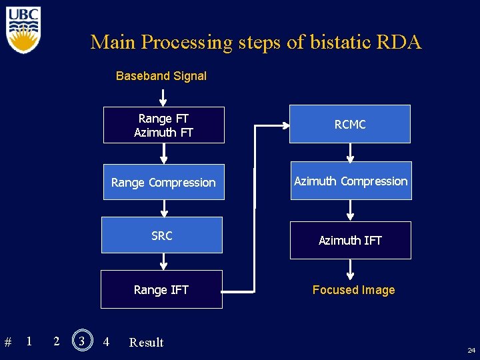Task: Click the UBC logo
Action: coord(23,29)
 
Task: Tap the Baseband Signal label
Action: coord(161,76)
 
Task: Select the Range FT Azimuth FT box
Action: coord(163,125)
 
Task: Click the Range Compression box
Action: coord(163,182)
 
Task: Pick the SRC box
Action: coord(161,235)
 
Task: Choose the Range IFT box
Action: coord(161,289)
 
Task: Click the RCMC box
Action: coord(350,124)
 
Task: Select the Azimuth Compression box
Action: coord(351,181)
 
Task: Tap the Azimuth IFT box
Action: coord(350,240)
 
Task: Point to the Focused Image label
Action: coord(353,290)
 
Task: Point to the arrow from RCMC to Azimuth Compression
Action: coord(350,153)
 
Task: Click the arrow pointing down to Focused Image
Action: coord(350,270)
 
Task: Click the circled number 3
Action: coord(82,341)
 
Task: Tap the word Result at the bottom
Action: coord(146,343)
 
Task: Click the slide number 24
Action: coord(471,350)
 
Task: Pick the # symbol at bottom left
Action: coord(8,343)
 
